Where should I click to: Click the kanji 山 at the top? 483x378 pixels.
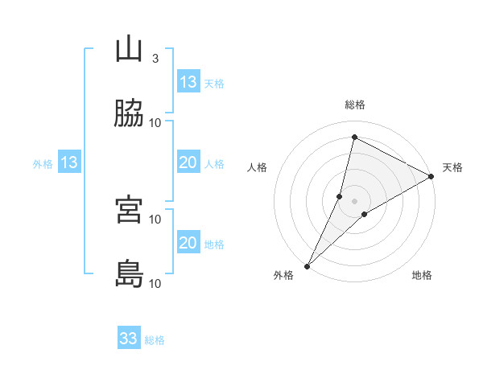click(130, 50)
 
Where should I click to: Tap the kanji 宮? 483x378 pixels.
click(130, 210)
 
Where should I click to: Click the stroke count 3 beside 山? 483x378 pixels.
click(155, 59)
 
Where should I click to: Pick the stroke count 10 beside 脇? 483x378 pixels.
click(155, 123)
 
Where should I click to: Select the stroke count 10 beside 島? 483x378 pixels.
click(155, 283)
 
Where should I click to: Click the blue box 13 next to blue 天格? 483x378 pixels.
click(188, 82)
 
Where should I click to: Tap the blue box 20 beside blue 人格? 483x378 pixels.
click(188, 162)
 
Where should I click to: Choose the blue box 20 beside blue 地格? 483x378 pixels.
click(188, 243)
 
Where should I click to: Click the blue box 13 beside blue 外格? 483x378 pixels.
click(69, 162)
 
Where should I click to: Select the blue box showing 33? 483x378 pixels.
click(129, 339)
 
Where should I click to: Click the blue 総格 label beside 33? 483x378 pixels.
click(155, 340)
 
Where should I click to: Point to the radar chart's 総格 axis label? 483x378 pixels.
click(355, 105)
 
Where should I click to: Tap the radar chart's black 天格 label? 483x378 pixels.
click(452, 167)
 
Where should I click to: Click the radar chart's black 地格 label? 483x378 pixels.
click(422, 276)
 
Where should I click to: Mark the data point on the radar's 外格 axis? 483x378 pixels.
click(307, 265)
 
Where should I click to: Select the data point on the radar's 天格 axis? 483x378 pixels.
click(431, 176)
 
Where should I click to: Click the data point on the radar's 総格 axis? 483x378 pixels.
click(354, 137)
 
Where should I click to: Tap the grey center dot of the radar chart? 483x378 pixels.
click(355, 201)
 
